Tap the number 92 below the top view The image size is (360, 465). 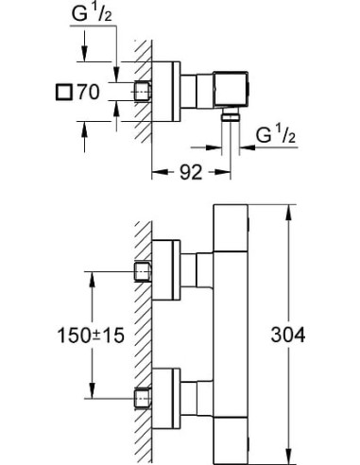tap(192, 173)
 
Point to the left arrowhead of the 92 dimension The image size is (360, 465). tap(156, 172)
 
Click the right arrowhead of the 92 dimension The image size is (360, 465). tap(230, 172)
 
